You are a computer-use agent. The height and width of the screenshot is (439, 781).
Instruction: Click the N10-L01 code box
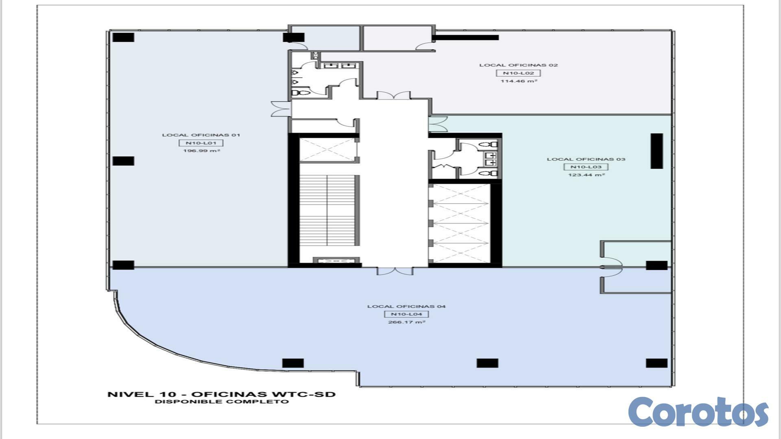pyautogui.click(x=201, y=143)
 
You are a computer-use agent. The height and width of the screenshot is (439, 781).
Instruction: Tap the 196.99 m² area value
pyautogui.click(x=201, y=151)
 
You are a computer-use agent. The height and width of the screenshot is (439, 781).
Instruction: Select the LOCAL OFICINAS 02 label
pyautogui.click(x=518, y=65)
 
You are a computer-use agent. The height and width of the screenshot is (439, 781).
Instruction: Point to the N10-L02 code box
pyautogui.click(x=518, y=73)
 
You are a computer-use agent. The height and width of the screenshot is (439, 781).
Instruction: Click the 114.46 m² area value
pyautogui.click(x=519, y=81)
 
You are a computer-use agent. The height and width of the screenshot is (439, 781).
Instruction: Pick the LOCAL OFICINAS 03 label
pyautogui.click(x=586, y=159)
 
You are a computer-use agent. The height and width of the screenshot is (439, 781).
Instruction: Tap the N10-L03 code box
pyautogui.click(x=586, y=167)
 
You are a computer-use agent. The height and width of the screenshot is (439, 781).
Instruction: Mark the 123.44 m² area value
pyautogui.click(x=586, y=175)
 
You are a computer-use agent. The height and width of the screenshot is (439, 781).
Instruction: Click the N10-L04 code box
pyautogui.click(x=406, y=314)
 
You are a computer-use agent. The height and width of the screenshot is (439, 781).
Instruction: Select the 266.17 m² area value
pyautogui.click(x=407, y=322)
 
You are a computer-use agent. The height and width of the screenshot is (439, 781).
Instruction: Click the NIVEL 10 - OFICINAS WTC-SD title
pyautogui.click(x=221, y=394)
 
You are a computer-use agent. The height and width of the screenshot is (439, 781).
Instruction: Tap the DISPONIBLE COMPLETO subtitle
pyautogui.click(x=222, y=402)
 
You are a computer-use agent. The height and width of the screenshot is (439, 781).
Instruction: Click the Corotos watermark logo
pyautogui.click(x=698, y=411)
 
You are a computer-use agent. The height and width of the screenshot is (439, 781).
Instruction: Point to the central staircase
pyautogui.click(x=329, y=211)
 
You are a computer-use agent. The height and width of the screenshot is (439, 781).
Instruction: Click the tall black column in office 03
pyautogui.click(x=657, y=151)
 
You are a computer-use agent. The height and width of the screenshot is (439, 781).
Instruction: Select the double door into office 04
pyautogui.click(x=395, y=271)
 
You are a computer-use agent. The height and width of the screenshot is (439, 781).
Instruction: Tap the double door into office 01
pyautogui.click(x=281, y=109)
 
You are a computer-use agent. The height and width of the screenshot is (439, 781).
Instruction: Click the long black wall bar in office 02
pyautogui.click(x=465, y=37)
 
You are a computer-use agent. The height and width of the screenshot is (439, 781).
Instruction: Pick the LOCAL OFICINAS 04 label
pyautogui.click(x=406, y=306)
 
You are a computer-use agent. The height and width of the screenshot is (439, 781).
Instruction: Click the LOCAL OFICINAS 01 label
pyautogui.click(x=201, y=135)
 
